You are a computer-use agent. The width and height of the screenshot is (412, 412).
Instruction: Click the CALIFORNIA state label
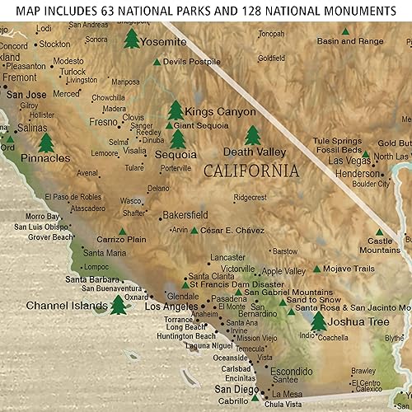point(250,171)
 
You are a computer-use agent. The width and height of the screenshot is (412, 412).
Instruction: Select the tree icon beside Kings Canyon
point(175,110)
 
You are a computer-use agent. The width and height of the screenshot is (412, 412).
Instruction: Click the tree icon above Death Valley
point(252,134)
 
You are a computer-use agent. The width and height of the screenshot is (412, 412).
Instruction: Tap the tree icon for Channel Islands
point(119,306)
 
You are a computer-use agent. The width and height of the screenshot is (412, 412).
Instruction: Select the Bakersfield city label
point(186,215)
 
